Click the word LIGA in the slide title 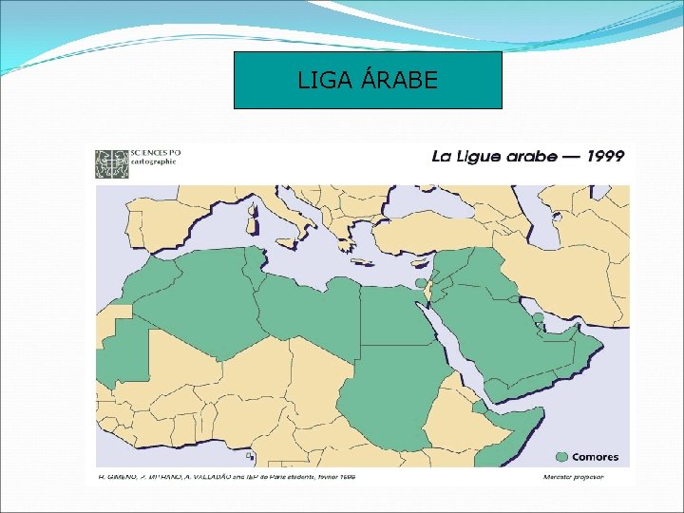[320, 81]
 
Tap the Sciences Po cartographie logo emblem [111, 162]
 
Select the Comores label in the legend [595, 457]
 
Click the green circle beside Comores [562, 457]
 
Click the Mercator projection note [573, 476]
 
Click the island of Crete [366, 263]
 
